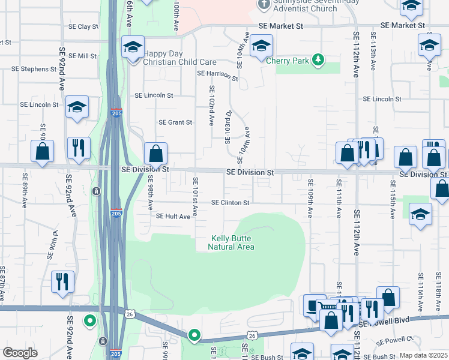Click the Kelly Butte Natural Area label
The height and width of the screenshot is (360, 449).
click(232, 242)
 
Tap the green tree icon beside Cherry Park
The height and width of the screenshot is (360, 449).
click(319, 59)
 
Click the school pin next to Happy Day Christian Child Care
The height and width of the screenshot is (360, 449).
click(133, 47)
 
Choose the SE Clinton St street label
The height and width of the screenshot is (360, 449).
click(230, 203)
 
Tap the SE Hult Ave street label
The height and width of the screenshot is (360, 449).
click(173, 216)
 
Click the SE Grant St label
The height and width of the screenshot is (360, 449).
click(175, 122)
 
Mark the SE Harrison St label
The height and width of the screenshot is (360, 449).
click(218, 74)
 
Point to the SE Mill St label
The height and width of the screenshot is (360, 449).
click(83, 56)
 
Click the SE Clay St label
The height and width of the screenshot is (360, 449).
click(83, 27)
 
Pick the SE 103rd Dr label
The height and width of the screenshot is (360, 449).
click(228, 127)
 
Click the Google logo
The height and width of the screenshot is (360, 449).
click(20, 352)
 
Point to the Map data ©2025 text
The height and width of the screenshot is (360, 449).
click(423, 355)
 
